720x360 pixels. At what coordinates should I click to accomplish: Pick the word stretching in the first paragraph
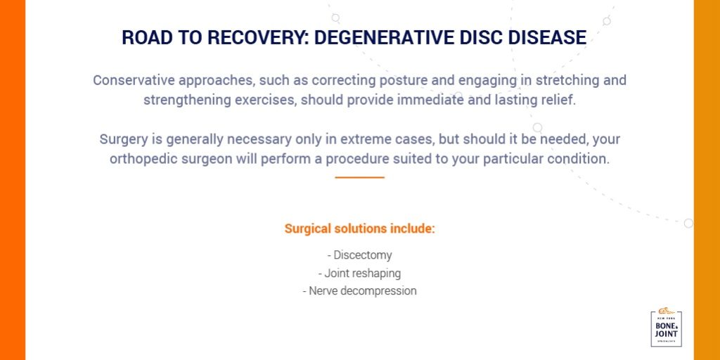563,80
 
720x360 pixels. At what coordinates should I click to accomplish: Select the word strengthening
190,100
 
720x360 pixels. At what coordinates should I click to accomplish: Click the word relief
558,100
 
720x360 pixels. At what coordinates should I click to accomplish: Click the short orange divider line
359,178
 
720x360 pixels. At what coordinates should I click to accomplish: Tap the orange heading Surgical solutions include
359,229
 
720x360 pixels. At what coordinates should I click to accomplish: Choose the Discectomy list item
359,255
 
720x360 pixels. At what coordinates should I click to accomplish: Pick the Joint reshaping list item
359,273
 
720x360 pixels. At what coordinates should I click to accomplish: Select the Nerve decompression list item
359,290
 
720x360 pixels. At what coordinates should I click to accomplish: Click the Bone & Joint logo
666,328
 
